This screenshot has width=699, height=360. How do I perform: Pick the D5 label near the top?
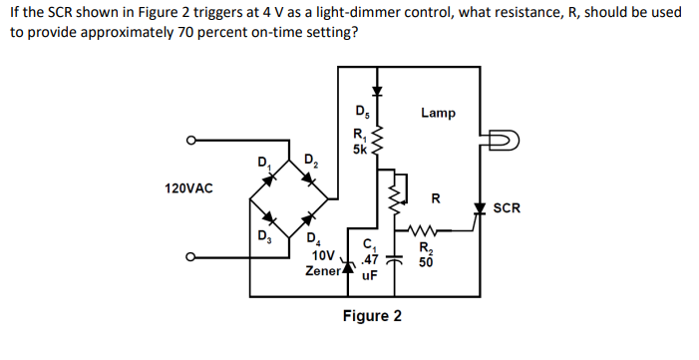click(x=362, y=111)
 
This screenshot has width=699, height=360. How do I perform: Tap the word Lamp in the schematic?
click(x=438, y=113)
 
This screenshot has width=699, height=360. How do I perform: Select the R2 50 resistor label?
click(x=426, y=255)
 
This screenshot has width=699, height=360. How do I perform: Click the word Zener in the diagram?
click(x=324, y=271)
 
